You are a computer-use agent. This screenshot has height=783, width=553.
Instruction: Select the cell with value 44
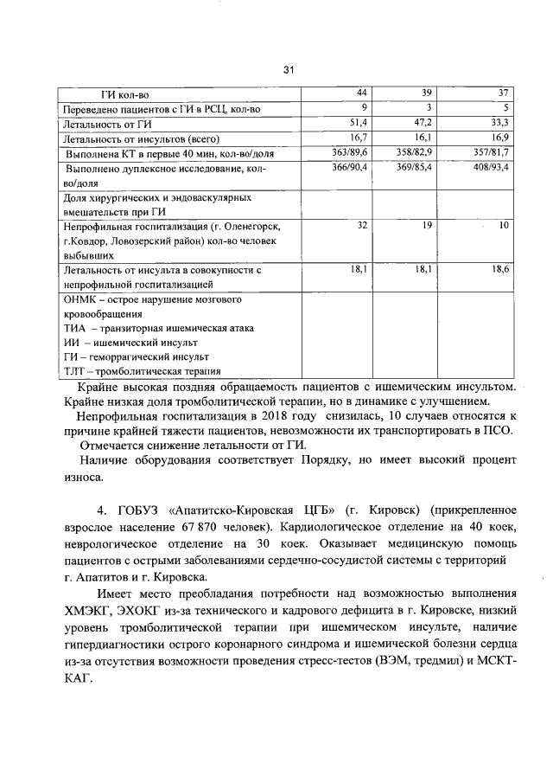tap(363, 93)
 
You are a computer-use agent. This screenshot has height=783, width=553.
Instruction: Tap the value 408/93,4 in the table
tap(489, 166)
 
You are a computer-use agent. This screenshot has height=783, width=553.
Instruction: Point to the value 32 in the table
tap(362, 225)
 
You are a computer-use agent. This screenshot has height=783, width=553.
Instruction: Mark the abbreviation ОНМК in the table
tap(82, 300)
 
